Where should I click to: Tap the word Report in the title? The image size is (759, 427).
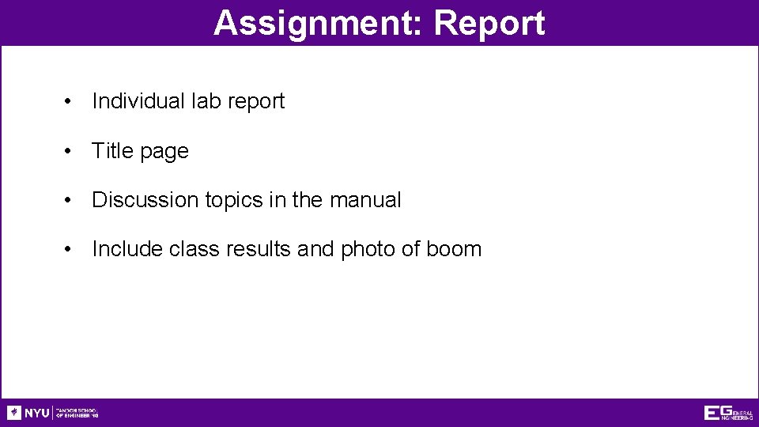coord(489,23)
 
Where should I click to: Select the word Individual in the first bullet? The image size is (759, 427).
coord(138,101)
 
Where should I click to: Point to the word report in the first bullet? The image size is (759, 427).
coord(255,102)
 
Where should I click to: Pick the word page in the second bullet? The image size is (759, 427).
coord(166,152)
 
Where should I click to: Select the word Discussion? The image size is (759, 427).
coord(145,200)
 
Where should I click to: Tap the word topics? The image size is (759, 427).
coord(234,201)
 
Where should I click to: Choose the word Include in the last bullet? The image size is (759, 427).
coord(127,249)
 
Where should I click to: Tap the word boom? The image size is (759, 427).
coord(454,249)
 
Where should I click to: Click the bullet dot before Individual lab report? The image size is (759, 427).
coord(70,102)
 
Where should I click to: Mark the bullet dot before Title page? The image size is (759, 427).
coord(70,151)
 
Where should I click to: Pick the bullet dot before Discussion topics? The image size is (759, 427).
coord(70,201)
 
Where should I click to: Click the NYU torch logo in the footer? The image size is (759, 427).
coord(14,413)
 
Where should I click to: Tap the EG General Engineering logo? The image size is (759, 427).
coord(727,413)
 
